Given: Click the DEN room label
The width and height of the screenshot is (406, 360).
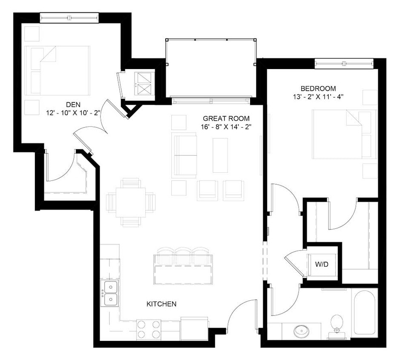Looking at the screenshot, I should [x=74, y=104].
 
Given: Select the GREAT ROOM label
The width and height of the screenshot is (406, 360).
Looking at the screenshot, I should [x=226, y=118].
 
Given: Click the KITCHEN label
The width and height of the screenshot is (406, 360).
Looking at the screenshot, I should [x=161, y=304].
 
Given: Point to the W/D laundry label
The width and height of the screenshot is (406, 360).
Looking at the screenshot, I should [x=322, y=264].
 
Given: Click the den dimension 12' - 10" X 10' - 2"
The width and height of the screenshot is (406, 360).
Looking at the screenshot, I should [x=74, y=113].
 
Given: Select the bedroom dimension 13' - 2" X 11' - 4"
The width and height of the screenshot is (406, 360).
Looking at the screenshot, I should [x=315, y=97].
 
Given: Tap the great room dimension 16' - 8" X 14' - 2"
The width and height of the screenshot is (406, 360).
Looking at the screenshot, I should [x=226, y=127].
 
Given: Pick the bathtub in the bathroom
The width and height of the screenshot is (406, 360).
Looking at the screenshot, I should [x=365, y=311].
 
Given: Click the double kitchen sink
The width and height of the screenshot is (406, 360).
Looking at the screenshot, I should [x=110, y=293].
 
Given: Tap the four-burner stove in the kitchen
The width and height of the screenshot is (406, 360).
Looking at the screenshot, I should [x=149, y=330].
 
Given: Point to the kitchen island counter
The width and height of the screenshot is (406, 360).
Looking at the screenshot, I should [x=183, y=274].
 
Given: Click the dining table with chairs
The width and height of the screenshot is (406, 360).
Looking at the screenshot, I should [x=131, y=202].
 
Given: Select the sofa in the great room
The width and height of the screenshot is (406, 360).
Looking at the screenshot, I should [x=184, y=155].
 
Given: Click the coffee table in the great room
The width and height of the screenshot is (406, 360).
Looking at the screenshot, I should [x=220, y=155].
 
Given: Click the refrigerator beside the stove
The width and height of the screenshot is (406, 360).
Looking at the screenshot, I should [x=194, y=328].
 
